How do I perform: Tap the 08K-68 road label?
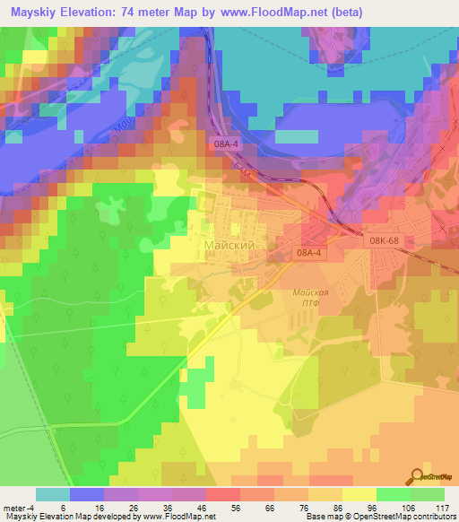click(x=385, y=240)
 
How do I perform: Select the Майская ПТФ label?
click(x=311, y=299)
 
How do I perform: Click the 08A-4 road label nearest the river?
click(x=227, y=144)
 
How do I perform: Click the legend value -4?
click(x=30, y=507)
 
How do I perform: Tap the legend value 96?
click(x=377, y=507)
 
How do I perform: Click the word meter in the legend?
click(x=13, y=507)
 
